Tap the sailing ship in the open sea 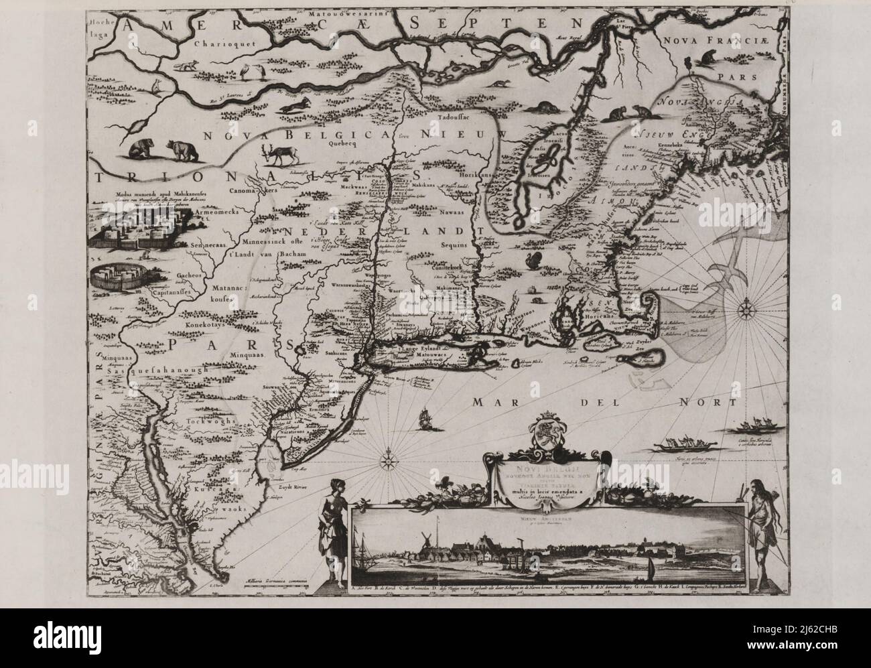point(424,419)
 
